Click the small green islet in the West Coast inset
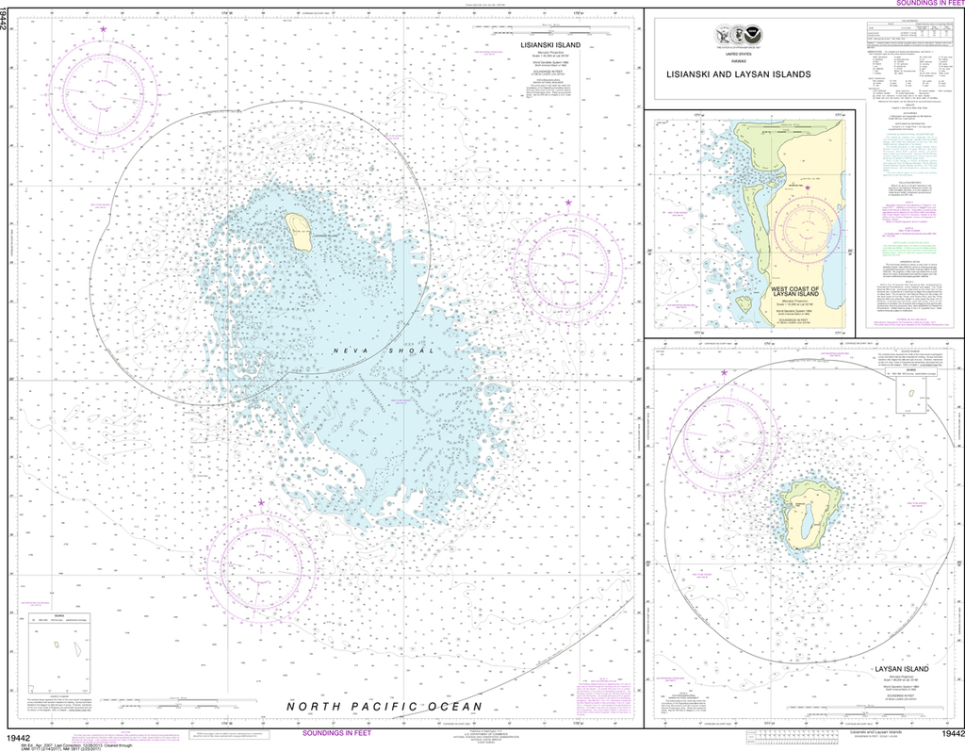pos(744,304)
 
